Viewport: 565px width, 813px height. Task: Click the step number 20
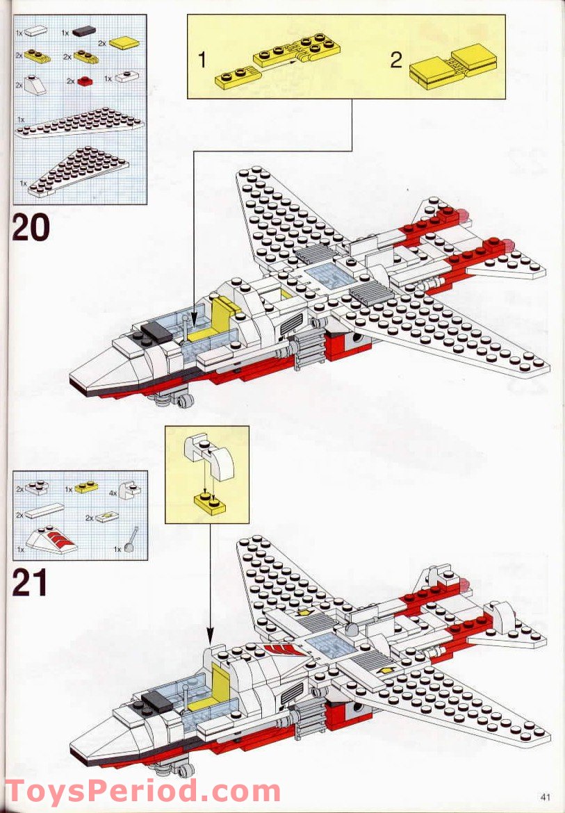pos(31,229)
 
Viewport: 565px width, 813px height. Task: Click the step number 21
pos(30,583)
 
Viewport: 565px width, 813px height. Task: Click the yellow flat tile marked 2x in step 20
pos(124,44)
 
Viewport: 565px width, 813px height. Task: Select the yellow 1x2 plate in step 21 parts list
pos(87,488)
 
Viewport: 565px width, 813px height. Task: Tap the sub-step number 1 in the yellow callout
pos(202,60)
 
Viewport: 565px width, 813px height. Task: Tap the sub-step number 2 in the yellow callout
pos(395,60)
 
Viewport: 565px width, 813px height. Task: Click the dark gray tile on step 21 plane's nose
pos(157,700)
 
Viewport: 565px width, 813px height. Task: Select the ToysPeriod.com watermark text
pos(142,791)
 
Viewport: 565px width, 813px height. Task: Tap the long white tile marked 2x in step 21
pos(46,516)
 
